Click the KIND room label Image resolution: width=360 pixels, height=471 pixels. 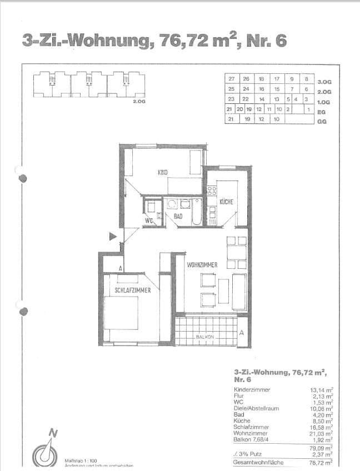(x=163, y=172)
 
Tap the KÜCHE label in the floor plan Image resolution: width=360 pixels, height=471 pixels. (x=226, y=202)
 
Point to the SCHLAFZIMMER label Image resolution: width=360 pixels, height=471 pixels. (x=133, y=290)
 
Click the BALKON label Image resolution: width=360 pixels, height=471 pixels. (x=204, y=337)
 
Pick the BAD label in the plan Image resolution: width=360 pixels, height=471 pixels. (x=178, y=216)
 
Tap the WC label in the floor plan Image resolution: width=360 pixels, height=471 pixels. (x=148, y=221)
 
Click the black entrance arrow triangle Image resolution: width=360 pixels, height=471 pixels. (x=113, y=237)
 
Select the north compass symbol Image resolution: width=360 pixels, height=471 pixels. (x=47, y=449)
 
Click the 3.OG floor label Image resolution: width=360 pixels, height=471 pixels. (x=324, y=82)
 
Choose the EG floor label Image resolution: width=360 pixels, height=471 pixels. (x=321, y=112)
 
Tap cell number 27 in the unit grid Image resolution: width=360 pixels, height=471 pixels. (x=231, y=79)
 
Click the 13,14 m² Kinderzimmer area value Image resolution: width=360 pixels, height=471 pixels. (x=322, y=390)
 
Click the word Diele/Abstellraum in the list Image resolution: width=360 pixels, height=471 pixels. (x=256, y=408)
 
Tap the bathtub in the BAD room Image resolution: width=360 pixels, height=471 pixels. (x=197, y=214)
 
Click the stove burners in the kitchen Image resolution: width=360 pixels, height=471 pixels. (x=211, y=191)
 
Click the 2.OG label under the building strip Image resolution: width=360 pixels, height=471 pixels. (x=139, y=102)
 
